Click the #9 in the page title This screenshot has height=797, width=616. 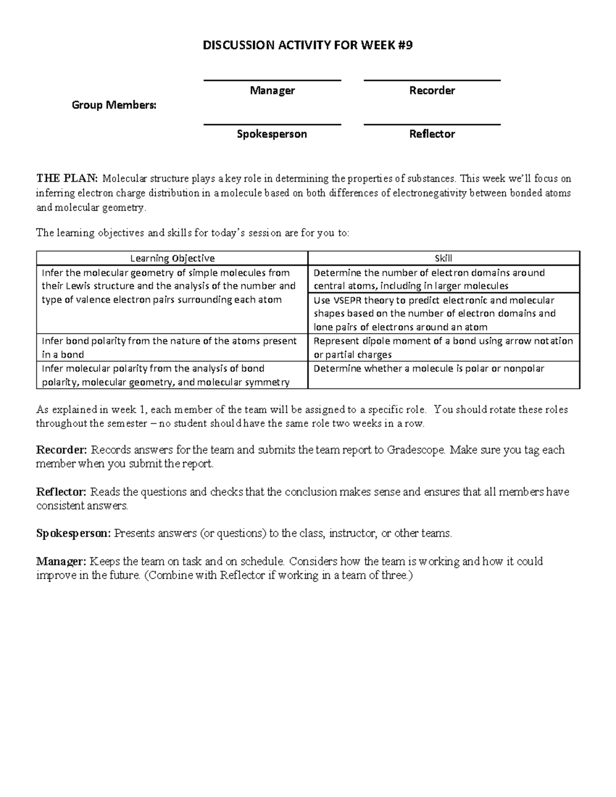click(406, 46)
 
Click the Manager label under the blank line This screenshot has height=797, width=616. click(272, 91)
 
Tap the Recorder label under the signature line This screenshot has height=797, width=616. click(432, 91)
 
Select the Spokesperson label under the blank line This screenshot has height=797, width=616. click(272, 134)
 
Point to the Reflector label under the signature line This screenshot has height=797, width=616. click(432, 134)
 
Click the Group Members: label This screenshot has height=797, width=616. click(114, 105)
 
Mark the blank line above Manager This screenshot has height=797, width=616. click(272, 80)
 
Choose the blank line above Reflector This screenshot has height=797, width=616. click(432, 124)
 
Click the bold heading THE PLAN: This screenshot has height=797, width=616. click(66, 179)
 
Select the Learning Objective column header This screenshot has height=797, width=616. click(172, 259)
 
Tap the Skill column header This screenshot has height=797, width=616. click(443, 259)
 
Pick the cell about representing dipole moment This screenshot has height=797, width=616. click(443, 347)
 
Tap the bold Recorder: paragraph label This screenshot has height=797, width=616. click(62, 450)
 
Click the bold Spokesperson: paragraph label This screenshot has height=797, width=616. click(73, 534)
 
